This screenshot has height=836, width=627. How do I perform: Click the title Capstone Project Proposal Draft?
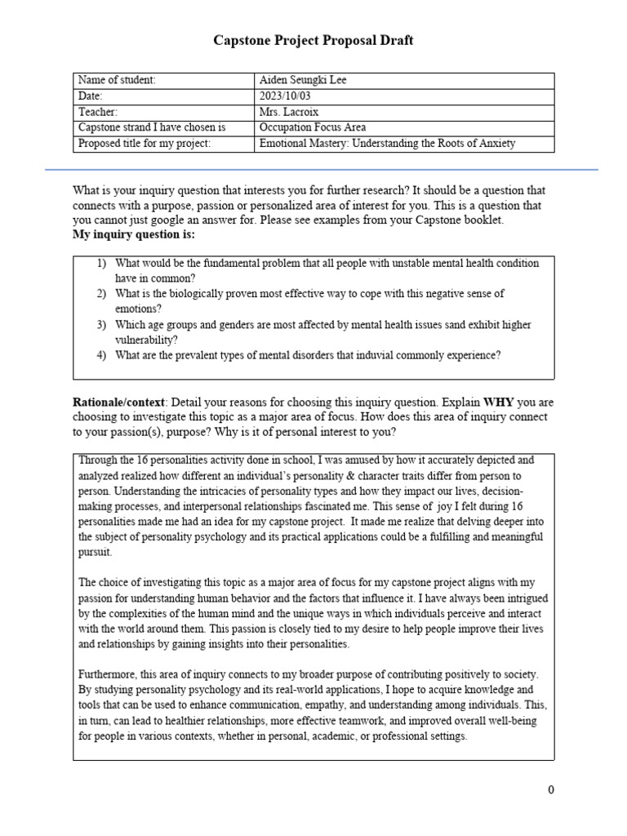click(x=313, y=40)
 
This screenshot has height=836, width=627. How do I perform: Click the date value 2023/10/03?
click(x=286, y=96)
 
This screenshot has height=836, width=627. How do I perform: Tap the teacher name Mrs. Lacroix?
click(x=289, y=112)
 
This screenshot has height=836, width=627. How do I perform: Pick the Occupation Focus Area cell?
click(x=312, y=127)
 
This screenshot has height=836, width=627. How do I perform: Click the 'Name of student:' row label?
click(x=116, y=80)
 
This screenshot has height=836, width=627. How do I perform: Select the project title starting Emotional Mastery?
click(x=386, y=144)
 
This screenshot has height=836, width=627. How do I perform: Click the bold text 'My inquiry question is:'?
click(x=134, y=235)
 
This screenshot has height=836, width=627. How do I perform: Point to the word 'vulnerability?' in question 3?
click(x=147, y=340)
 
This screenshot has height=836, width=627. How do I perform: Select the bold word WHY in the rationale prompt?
click(x=500, y=402)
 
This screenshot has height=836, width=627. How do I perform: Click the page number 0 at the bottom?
click(x=551, y=789)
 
